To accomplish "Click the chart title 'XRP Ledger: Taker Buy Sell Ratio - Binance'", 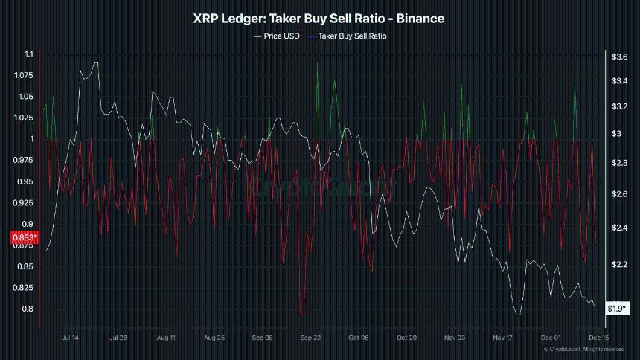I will pos(319,19).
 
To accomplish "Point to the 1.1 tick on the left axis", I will pos(29,54).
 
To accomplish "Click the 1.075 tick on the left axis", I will pos(25,75).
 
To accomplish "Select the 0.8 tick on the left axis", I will pos(29,309).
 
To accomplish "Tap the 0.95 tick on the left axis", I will pos(26,181).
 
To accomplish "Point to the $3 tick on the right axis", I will pos(615,134).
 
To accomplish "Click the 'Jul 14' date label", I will pos(70,337).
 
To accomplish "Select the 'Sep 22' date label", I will pos(310,337).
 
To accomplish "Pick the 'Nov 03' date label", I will pos(455,337).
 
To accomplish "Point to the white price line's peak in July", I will pos(95,63).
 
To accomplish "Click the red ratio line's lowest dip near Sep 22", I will pos(301,315).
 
